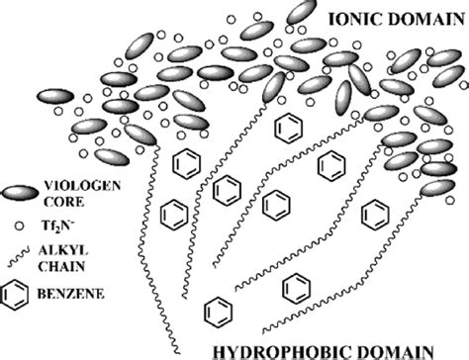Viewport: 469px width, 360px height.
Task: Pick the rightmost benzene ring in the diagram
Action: (x=375, y=211)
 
